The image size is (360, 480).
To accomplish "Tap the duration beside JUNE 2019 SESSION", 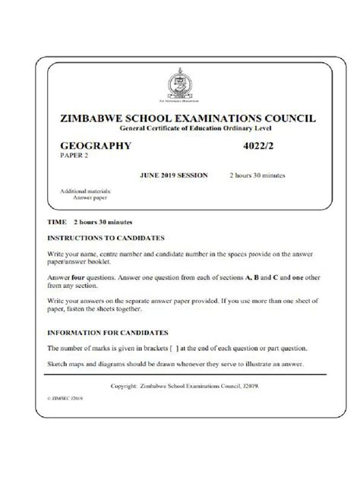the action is pos(257,175).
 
